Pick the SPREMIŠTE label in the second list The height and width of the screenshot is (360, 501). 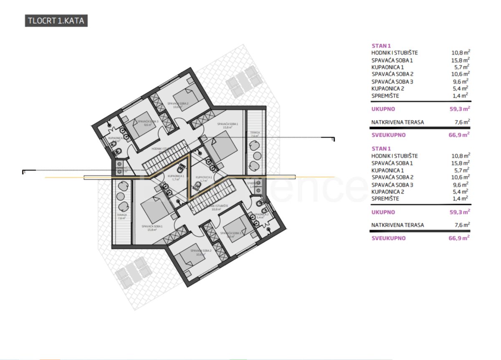(x=385, y=199)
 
